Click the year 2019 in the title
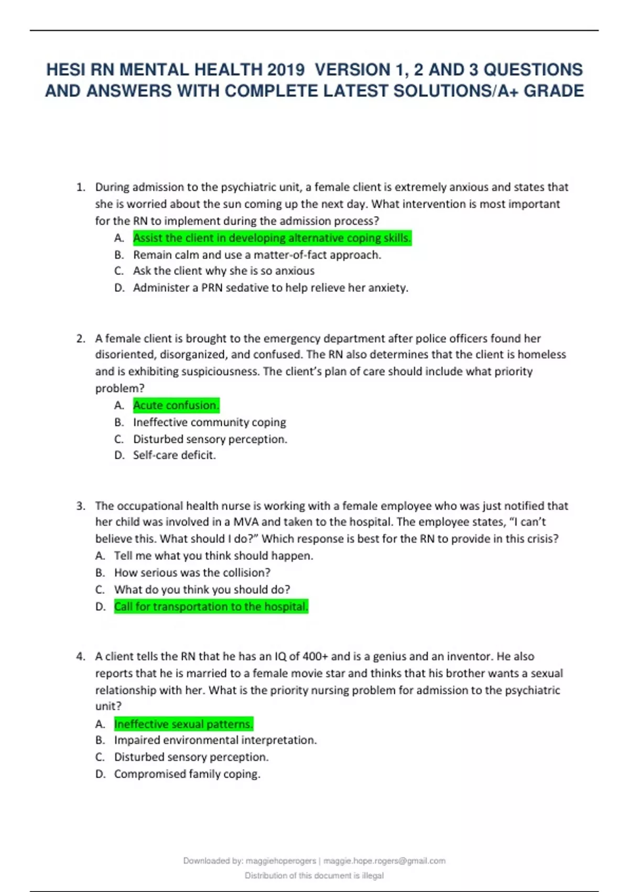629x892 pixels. (286, 70)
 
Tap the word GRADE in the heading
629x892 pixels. (554, 91)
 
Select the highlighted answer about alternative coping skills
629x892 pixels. (272, 238)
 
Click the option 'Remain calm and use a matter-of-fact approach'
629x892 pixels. (257, 255)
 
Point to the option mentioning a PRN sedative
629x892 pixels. (270, 288)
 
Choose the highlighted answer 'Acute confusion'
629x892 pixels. (176, 405)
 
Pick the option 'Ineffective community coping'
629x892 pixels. (209, 422)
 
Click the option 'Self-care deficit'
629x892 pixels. (174, 455)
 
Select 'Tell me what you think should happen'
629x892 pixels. (213, 556)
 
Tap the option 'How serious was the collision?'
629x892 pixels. (192, 572)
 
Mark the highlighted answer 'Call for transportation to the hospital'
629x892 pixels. (211, 607)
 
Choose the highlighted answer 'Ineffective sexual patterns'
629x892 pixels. (183, 724)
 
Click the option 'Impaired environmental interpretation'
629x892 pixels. (215, 740)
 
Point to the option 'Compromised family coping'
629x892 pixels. (187, 774)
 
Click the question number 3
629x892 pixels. (80, 506)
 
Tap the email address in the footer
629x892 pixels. (384, 861)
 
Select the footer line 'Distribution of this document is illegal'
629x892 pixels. (314, 876)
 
